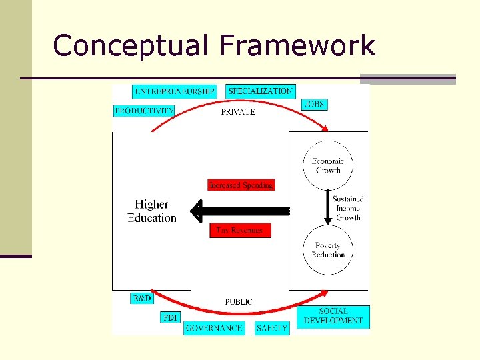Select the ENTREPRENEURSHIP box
pyautogui.click(x=175, y=91)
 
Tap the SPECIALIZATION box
pyautogui.click(x=261, y=91)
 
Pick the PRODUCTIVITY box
pyautogui.click(x=144, y=111)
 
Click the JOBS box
pyautogui.click(x=315, y=104)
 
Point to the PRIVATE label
pyautogui.click(x=238, y=112)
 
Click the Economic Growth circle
pyautogui.click(x=327, y=165)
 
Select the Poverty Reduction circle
pyautogui.click(x=328, y=250)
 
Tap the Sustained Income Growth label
pyautogui.click(x=349, y=208)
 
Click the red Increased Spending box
pyautogui.click(x=241, y=185)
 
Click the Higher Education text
pyautogui.click(x=152, y=211)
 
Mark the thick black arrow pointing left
pyautogui.click(x=240, y=211)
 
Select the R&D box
pyautogui.click(x=142, y=299)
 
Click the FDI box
pyautogui.click(x=171, y=317)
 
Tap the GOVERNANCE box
pyautogui.click(x=214, y=328)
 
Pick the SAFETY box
pyautogui.click(x=272, y=328)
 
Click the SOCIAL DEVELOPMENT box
pyautogui.click(x=333, y=316)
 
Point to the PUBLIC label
pyautogui.click(x=238, y=302)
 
